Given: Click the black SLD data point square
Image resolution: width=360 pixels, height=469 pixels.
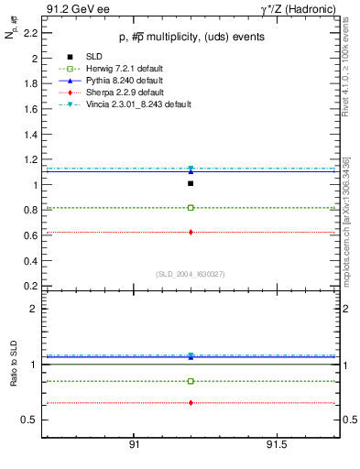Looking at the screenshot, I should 191,183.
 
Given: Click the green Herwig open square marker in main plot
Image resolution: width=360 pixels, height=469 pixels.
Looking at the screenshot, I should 191,208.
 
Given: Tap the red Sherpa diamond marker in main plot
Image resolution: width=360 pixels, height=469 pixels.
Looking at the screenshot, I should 191,232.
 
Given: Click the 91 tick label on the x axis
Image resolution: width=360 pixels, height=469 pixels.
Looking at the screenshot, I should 134,444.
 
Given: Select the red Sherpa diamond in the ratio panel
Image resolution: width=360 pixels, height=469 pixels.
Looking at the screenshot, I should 191,403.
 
